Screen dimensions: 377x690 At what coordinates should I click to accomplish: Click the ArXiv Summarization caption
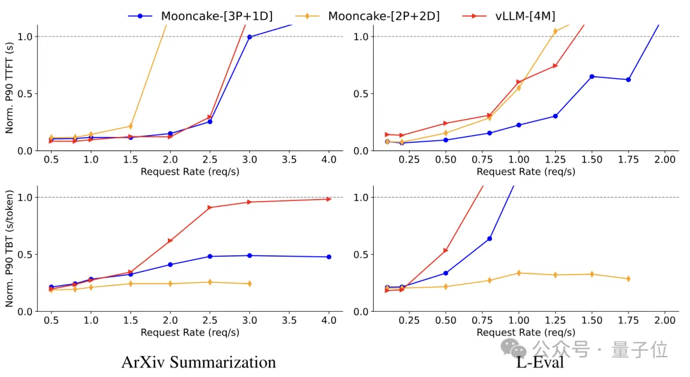pos(199,362)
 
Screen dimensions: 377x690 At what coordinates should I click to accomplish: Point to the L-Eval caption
pos(540,362)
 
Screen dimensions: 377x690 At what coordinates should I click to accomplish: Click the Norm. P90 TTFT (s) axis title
pos(9,88)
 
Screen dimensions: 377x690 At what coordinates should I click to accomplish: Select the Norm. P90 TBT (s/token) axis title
pos(9,249)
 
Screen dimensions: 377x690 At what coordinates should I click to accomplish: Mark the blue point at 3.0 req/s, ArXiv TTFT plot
pos(249,37)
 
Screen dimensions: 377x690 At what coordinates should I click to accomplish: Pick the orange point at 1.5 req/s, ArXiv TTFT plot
pos(130,126)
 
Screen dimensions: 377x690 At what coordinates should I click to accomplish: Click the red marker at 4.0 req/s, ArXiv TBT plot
pos(328,199)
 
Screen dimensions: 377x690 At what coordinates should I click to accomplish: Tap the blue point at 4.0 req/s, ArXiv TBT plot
pos(328,257)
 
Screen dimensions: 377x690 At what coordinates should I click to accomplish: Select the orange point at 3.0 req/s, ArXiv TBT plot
pos(249,284)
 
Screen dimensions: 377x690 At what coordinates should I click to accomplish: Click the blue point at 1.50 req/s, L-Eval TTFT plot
pos(592,76)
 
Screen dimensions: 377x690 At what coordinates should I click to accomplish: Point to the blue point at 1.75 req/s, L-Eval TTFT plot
pos(628,80)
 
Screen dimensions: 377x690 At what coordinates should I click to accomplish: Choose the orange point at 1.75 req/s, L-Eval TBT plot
pos(628,279)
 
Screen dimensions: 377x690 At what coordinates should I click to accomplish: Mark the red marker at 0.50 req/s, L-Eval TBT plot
pos(446,250)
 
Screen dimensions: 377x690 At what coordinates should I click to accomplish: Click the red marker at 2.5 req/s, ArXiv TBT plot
pos(210,207)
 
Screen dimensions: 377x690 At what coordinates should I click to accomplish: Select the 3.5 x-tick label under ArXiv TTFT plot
pos(289,159)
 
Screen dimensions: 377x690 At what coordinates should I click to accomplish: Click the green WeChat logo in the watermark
pos(514,349)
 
